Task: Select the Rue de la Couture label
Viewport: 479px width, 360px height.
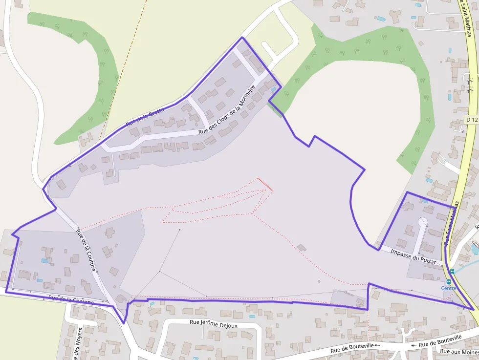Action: tap(86, 246)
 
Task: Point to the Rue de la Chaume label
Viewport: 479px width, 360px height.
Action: tap(71, 300)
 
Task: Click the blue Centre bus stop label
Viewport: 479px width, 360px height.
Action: tap(449, 288)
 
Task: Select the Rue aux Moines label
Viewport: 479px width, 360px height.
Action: tap(458, 351)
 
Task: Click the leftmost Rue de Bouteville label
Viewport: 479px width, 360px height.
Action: tap(352, 347)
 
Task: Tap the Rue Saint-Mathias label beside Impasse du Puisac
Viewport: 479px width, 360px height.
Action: tap(452, 223)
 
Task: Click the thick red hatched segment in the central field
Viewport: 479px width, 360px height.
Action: tap(265, 185)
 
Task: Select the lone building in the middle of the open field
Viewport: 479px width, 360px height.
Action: tap(302, 247)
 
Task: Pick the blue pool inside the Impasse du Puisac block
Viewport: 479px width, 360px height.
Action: tap(425, 201)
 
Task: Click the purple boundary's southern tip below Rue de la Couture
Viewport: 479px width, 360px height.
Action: tap(124, 322)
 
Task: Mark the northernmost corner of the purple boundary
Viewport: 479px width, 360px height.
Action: tap(242, 38)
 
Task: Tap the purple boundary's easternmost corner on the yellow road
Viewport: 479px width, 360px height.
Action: tap(474, 309)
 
